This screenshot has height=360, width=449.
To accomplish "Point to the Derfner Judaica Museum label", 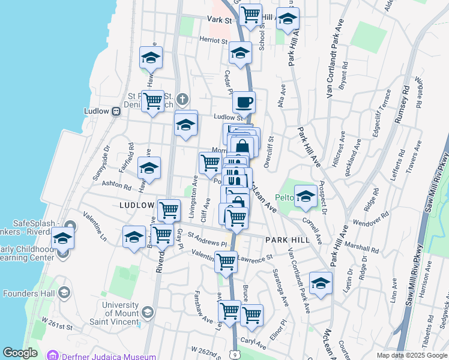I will point(98,355).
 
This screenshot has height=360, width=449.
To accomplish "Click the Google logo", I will point(20,353).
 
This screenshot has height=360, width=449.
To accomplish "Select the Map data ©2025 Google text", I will point(411,355).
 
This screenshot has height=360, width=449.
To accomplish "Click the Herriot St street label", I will point(214,42).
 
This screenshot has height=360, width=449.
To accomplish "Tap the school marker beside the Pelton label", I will point(306,197).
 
